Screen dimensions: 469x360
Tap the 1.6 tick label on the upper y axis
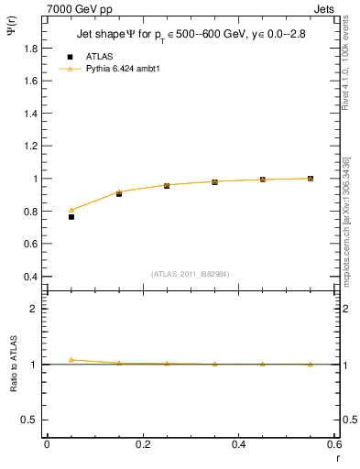pyautogui.click(x=30, y=81)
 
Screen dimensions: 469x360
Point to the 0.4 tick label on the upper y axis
pyautogui.click(x=30, y=277)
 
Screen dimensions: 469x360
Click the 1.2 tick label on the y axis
pyautogui.click(x=30, y=146)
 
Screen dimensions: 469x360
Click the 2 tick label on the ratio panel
pyautogui.click(x=34, y=309)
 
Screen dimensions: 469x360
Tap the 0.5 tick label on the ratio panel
pyautogui.click(x=30, y=420)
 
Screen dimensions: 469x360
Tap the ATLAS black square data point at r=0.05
pyautogui.click(x=71, y=217)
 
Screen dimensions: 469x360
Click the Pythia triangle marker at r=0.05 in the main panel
pyautogui.click(x=71, y=210)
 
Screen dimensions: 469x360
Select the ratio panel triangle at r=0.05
pyautogui.click(x=71, y=360)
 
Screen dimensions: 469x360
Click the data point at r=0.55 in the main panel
pyautogui.click(x=311, y=179)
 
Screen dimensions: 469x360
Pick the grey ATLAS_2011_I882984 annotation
pyautogui.click(x=191, y=274)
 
